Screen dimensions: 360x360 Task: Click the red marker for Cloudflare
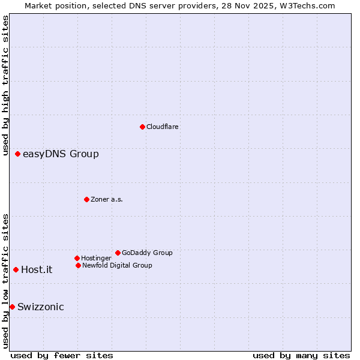pos(142,127)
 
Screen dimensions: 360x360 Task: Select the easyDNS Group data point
pos(17,154)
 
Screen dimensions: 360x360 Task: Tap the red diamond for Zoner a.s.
pos(86,199)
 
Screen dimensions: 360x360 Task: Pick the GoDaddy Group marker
pos(118,253)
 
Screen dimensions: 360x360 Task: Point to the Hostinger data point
pos(77,258)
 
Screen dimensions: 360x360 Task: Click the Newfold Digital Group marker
pos(78,265)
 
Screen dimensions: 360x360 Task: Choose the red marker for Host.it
pos(16,269)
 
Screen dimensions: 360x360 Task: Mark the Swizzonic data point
pos(12,307)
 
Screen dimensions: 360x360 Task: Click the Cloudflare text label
pos(163,127)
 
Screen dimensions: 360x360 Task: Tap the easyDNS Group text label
pos(61,154)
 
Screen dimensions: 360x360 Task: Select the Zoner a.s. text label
pos(107,199)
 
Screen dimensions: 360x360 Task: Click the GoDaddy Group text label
pos(147,253)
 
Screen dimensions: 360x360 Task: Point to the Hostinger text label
pos(96,258)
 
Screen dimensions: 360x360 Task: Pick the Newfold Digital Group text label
pos(117,265)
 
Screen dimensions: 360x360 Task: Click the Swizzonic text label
pos(41,307)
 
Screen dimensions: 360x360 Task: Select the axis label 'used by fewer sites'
pos(62,355)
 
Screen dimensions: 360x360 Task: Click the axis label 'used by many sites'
pos(301,355)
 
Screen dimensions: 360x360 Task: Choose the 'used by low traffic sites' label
pos(5,281)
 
